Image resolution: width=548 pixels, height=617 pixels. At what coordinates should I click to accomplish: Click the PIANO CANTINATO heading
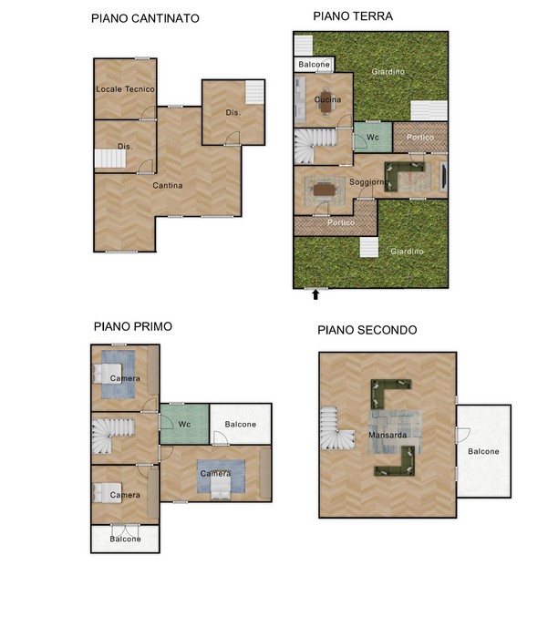(x=145, y=18)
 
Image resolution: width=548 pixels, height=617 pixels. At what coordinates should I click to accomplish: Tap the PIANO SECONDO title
(x=367, y=330)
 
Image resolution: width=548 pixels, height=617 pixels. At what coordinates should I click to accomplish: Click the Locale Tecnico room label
(x=125, y=89)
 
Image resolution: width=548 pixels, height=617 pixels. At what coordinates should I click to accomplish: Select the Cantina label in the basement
(x=167, y=185)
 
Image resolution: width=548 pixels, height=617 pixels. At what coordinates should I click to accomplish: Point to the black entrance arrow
(x=315, y=294)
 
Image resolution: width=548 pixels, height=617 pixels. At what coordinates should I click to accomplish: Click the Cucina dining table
(x=326, y=103)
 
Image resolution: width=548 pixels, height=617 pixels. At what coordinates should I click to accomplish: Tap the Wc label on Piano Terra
(x=372, y=137)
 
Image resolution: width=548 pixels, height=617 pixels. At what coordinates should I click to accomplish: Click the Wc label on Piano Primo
(x=184, y=424)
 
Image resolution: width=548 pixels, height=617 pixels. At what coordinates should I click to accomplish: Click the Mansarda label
(x=388, y=435)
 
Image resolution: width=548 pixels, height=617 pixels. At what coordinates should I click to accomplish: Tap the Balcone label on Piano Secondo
(x=483, y=451)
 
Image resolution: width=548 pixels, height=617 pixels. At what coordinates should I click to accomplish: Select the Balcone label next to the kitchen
(x=314, y=64)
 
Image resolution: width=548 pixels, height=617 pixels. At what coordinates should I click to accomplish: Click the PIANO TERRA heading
(x=353, y=16)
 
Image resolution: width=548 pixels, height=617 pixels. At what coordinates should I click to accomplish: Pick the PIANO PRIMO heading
(x=133, y=326)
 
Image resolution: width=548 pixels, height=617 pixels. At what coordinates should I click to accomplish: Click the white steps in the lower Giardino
(x=369, y=247)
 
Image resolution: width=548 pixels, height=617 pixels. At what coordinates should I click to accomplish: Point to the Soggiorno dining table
(x=325, y=190)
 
